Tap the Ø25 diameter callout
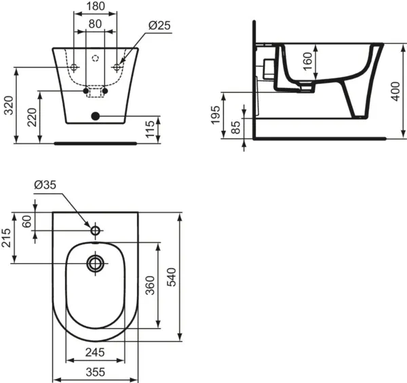click(159, 25)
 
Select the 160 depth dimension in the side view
click(307, 62)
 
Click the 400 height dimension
click(396, 86)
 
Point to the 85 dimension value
click(236, 128)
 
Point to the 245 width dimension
click(96, 352)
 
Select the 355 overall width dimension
click(96, 372)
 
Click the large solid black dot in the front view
click(96, 116)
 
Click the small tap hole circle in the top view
click(96, 229)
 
